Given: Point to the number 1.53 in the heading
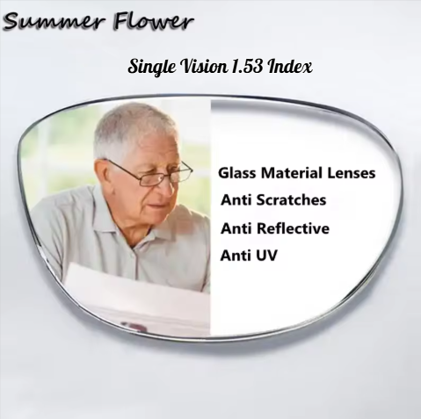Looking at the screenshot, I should [251, 66].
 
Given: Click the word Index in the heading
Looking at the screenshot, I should [294, 66].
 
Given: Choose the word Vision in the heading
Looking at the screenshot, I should [205, 66].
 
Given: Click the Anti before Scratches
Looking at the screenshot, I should [235, 200].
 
